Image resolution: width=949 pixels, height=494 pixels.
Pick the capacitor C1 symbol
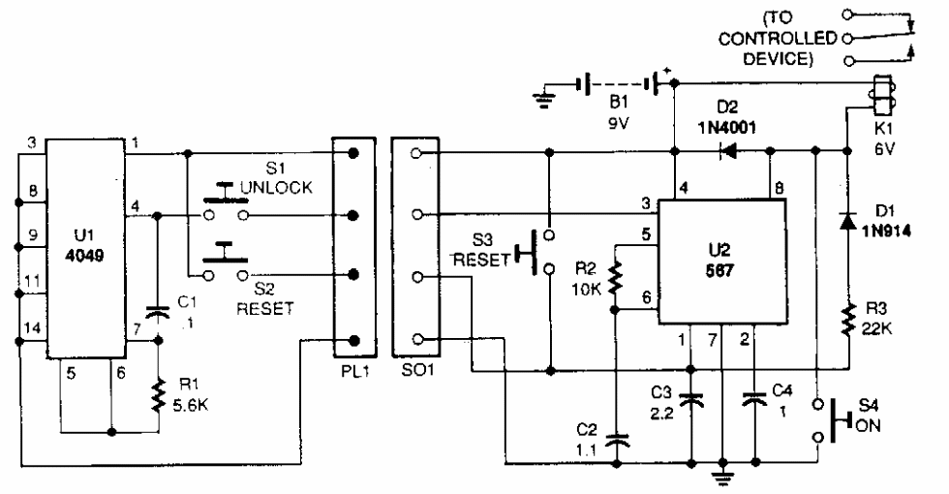pyautogui.click(x=156, y=313)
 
